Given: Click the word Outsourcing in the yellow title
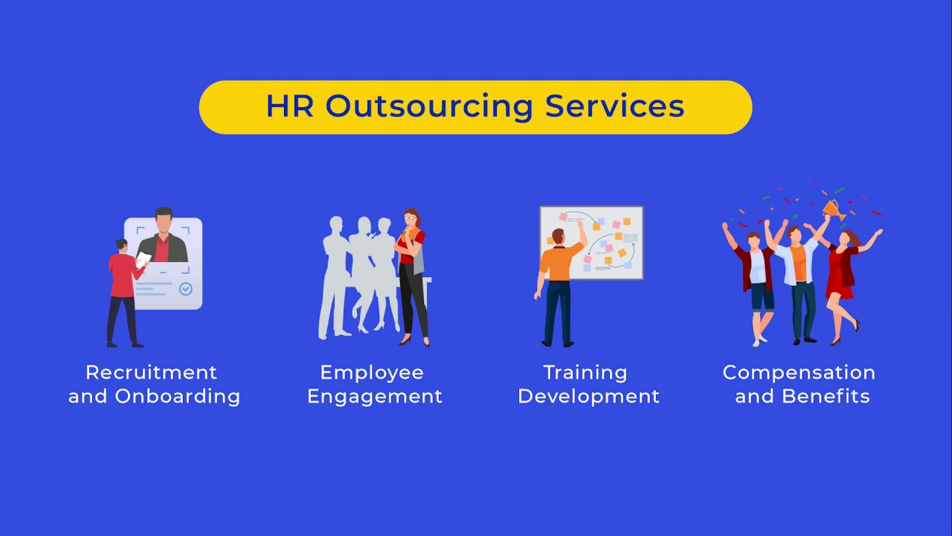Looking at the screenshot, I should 429,106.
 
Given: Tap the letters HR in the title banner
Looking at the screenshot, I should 290,106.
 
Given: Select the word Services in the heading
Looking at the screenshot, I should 614,106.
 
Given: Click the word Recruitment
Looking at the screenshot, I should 152,372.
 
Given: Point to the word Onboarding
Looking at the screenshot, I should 177,396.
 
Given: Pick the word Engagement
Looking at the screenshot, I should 375,396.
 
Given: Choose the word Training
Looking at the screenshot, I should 585,372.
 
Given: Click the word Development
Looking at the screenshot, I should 588,396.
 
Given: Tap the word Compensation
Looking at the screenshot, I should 799,372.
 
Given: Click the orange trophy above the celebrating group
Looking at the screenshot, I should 832,208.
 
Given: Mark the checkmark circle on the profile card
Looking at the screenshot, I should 186,289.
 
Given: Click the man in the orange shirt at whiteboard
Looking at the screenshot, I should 559,287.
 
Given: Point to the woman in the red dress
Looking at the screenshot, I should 843,279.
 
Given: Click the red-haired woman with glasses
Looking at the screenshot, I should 411,275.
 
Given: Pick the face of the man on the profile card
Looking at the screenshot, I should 164,223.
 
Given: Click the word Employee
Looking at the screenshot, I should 372,372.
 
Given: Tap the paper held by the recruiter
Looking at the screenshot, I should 144,259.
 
